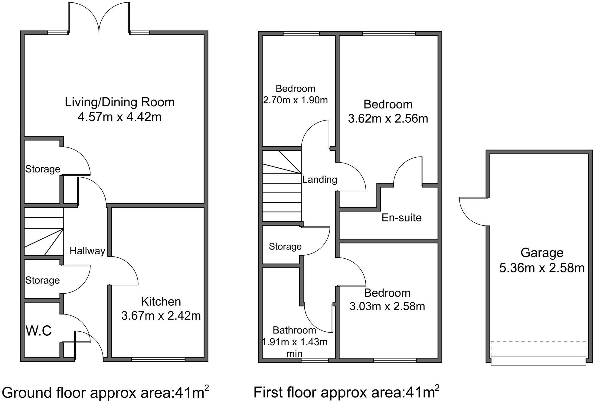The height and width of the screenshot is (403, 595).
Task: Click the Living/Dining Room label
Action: click(x=120, y=102)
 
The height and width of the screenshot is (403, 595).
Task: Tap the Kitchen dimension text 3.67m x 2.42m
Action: click(x=161, y=316)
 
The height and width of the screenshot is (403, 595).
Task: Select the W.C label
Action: click(x=38, y=331)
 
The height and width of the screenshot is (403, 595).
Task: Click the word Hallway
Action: click(x=87, y=251)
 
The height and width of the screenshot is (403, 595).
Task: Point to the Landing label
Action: click(x=320, y=179)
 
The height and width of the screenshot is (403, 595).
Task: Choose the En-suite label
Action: click(x=401, y=218)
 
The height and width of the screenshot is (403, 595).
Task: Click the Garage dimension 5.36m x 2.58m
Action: click(x=542, y=268)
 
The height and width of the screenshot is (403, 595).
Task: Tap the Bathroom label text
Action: click(x=294, y=330)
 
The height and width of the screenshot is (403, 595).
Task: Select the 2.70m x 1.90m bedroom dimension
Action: click(x=295, y=100)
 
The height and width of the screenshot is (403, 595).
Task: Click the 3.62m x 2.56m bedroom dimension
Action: click(x=388, y=118)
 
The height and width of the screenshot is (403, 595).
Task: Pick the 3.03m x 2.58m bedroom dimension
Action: click(x=387, y=306)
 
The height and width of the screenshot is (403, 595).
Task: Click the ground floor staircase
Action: click(x=44, y=231)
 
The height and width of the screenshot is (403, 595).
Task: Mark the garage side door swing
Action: click(x=474, y=211)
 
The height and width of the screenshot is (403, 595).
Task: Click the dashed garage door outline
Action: click(x=538, y=349)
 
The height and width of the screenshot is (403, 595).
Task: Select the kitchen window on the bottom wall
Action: click(x=158, y=359)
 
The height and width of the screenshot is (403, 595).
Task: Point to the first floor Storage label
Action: click(x=285, y=247)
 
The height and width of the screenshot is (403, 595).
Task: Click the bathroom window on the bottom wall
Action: click(x=315, y=360)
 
